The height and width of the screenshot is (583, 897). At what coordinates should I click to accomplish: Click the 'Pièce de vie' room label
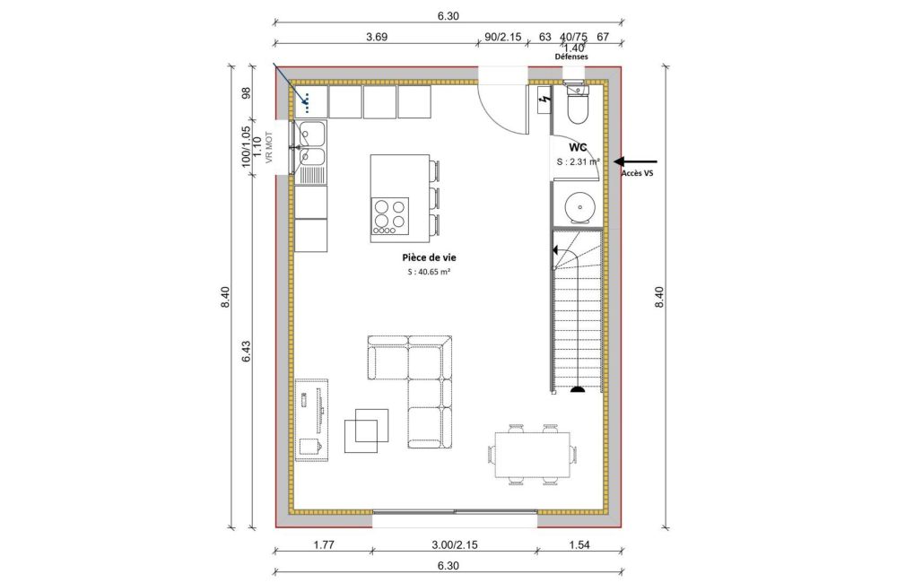pyautogui.click(x=428, y=257)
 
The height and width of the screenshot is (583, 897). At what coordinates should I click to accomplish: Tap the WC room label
pyautogui.click(x=578, y=146)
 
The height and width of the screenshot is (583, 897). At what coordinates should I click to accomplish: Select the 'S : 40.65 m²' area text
pyautogui.click(x=428, y=272)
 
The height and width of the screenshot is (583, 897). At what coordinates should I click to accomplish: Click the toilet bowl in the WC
pyautogui.click(x=577, y=107)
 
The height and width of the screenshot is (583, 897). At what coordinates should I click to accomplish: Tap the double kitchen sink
pyautogui.click(x=311, y=146)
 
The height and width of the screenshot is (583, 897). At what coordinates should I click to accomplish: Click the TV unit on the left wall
pyautogui.click(x=312, y=418)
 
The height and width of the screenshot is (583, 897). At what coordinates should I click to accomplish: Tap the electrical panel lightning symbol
pyautogui.click(x=544, y=101)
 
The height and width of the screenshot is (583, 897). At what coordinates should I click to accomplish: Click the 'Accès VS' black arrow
pyautogui.click(x=632, y=159)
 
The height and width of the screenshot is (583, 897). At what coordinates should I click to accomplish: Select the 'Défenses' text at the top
pyautogui.click(x=570, y=57)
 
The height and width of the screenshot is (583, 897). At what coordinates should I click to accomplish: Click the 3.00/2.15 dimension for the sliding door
pyautogui.click(x=455, y=544)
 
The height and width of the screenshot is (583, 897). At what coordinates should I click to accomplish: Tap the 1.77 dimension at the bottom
pyautogui.click(x=324, y=544)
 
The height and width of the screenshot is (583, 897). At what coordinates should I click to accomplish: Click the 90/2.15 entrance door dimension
pyautogui.click(x=502, y=37)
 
